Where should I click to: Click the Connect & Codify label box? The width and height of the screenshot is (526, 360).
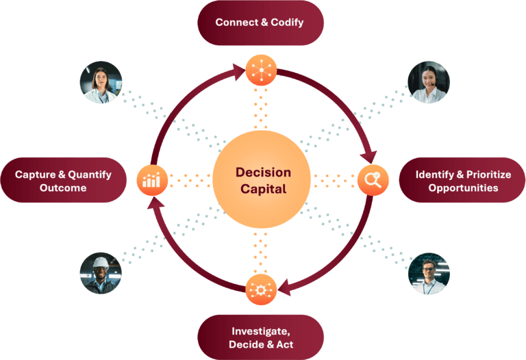pyautogui.click(x=261, y=23)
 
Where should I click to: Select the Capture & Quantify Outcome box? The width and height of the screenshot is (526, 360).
pyautogui.click(x=64, y=180)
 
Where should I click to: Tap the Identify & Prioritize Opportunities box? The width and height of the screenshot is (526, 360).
pyautogui.click(x=462, y=180)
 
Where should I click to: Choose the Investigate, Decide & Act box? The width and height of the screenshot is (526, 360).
pyautogui.click(x=261, y=337)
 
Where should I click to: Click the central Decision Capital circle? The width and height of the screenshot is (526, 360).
pyautogui.click(x=262, y=180)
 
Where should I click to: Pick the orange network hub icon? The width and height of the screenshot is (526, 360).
pyautogui.click(x=262, y=70)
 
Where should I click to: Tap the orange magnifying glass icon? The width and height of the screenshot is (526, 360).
pyautogui.click(x=373, y=180)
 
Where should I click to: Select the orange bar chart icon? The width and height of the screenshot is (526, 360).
pyautogui.click(x=152, y=180)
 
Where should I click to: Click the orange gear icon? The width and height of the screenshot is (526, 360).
pyautogui.click(x=261, y=290)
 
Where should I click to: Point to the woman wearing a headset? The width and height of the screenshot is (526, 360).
pyautogui.click(x=428, y=82)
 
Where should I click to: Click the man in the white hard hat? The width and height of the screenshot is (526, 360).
pyautogui.click(x=101, y=273)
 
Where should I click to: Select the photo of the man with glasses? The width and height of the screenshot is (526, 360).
pyautogui.click(x=429, y=274)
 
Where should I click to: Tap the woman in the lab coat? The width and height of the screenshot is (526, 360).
pyautogui.click(x=101, y=82)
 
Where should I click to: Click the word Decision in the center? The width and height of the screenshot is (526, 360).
pyautogui.click(x=263, y=172)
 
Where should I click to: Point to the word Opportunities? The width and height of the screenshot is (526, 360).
pyautogui.click(x=463, y=188)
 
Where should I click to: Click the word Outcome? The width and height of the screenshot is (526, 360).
pyautogui.click(x=63, y=188)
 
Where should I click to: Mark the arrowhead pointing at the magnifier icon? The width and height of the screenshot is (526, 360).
pyautogui.click(x=369, y=157)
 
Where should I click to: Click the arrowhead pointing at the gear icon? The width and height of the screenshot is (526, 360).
pyautogui.click(x=284, y=287)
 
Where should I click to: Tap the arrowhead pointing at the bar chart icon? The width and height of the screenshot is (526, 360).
pyautogui.click(x=155, y=203)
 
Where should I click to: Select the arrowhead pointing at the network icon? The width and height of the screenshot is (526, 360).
pyautogui.click(x=239, y=72)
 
